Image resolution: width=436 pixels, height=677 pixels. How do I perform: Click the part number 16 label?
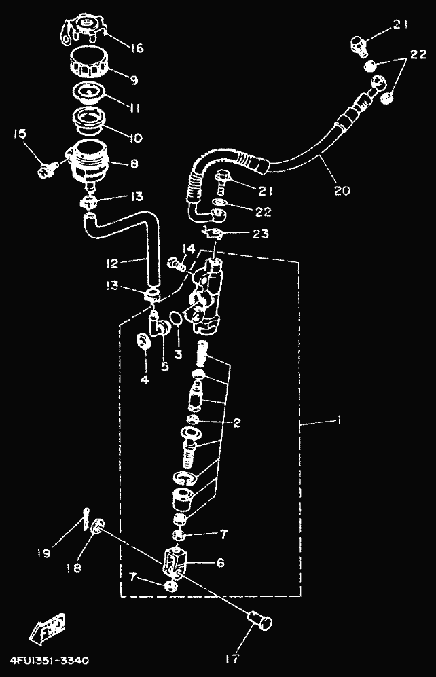coord(137,48)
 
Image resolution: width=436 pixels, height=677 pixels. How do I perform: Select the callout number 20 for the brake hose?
coord(342,190)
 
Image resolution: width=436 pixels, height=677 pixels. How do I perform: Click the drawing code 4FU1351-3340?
coord(48,659)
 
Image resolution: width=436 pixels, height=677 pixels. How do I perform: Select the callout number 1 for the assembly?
coord(338,422)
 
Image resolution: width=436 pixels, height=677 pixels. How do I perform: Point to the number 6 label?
coord(219,563)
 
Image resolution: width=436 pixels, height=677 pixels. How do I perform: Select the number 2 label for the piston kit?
coord(237,423)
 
